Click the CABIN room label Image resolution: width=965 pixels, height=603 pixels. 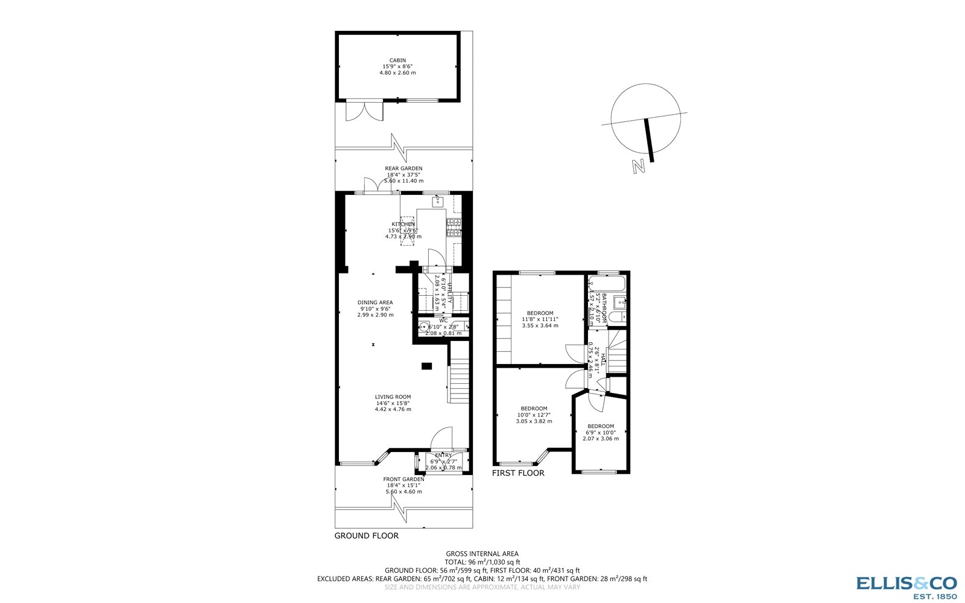click(397, 60)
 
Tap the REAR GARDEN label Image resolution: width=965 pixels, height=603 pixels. click(403, 168)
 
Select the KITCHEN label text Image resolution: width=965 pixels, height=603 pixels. click(403, 225)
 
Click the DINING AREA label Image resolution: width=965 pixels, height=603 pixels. click(375, 302)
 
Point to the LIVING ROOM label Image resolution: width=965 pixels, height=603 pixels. click(393, 397)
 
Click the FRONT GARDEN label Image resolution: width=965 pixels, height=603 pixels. click(403, 479)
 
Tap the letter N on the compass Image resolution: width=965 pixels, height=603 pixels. click(639, 166)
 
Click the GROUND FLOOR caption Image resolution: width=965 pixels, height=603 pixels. click(366, 535)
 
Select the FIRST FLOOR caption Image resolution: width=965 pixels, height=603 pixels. click(518, 473)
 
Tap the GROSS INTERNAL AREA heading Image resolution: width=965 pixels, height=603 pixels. click(482, 554)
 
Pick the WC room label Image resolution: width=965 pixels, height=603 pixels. click(443, 321)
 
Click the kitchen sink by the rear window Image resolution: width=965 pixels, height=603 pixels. click(438, 201)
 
